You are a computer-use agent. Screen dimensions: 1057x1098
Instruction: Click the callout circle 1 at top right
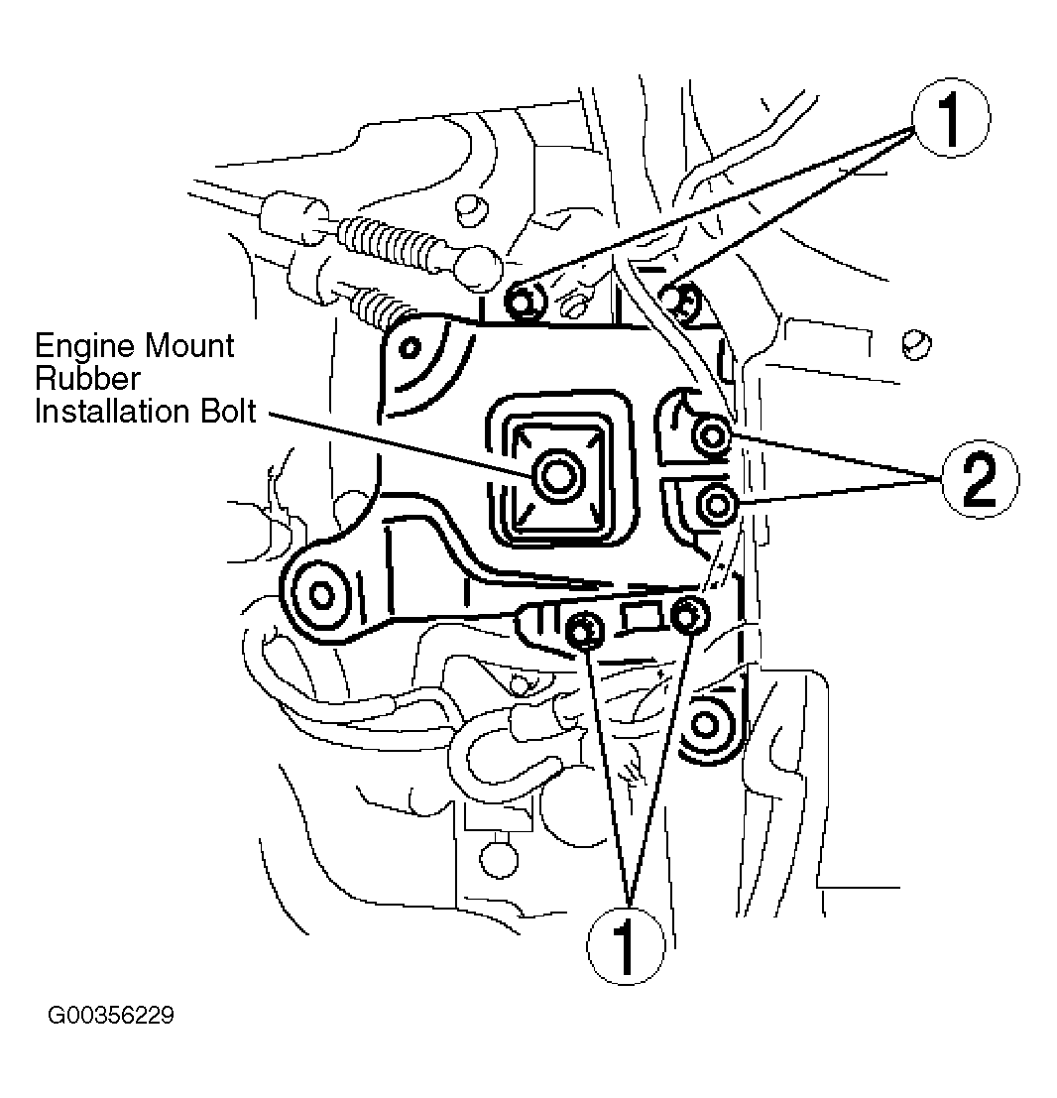[x=951, y=118]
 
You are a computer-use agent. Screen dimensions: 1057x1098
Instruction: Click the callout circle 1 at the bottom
[x=625, y=946]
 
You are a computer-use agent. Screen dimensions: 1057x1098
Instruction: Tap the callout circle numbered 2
[x=980, y=479]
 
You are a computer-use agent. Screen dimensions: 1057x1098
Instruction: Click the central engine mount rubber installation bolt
[x=558, y=477]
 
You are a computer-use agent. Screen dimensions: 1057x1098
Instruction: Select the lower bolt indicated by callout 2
[x=716, y=504]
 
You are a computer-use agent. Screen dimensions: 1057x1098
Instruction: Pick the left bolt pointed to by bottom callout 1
[x=585, y=631]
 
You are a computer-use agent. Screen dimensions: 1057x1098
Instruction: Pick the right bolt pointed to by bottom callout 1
[x=689, y=616]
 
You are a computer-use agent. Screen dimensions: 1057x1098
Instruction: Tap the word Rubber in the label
[x=87, y=379]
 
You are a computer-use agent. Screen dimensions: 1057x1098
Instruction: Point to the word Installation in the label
[x=113, y=411]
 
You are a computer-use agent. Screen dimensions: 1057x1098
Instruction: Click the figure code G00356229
[x=111, y=1015]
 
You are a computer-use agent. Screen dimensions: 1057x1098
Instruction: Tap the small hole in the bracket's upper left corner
[x=411, y=346]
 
